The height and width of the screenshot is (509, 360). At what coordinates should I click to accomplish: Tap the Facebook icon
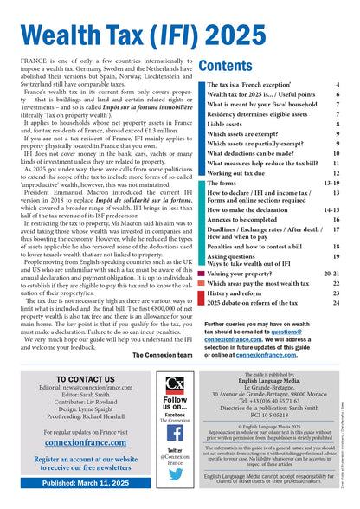click(175, 433)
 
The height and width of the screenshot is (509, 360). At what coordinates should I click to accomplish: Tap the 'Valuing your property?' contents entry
click(243, 273)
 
